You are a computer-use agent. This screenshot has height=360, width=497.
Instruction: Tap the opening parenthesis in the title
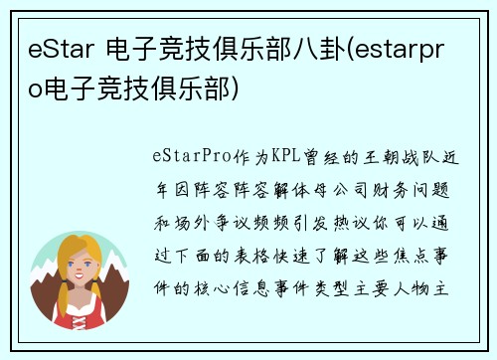coord(349,50)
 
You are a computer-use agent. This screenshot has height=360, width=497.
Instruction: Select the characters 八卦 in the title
coord(315,50)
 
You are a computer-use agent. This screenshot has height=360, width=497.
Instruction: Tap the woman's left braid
coord(57,294)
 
